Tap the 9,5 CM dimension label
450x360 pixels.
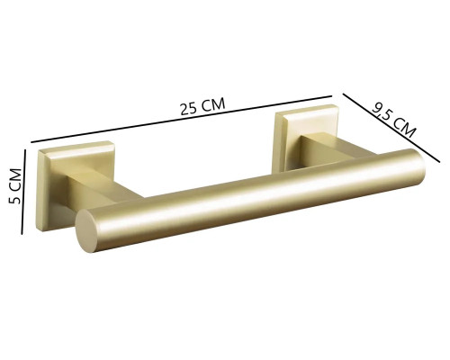(x=394, y=118)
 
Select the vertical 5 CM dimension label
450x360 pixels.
(x=14, y=186)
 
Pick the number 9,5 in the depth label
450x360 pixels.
(x=385, y=112)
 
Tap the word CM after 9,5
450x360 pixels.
(x=406, y=127)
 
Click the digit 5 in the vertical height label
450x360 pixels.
(x=14, y=200)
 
